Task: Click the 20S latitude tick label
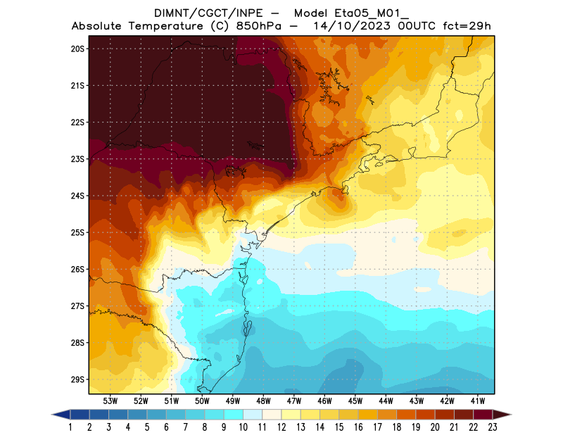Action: point(77,49)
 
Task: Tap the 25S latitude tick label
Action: point(77,232)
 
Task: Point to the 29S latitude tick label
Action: point(77,379)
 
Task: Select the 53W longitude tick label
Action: point(110,401)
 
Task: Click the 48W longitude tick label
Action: point(264,401)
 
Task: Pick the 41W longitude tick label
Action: point(479,401)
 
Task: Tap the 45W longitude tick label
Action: point(356,401)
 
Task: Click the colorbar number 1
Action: point(71,427)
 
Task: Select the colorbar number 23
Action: point(492,427)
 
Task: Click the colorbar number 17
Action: point(377,427)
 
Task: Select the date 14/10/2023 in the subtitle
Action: point(350,27)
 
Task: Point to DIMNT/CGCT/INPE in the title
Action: point(204,13)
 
